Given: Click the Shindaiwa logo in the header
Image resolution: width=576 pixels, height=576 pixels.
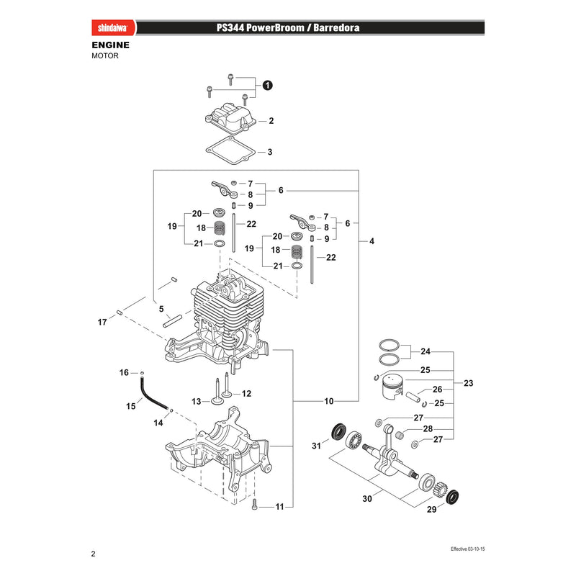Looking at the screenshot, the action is click(x=113, y=27).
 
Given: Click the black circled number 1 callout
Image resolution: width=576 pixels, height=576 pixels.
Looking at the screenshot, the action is click(x=267, y=85).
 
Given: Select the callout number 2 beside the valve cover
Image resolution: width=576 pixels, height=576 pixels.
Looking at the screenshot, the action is click(x=271, y=121).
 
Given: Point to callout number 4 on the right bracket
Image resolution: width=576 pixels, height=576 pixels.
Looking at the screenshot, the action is click(x=372, y=241).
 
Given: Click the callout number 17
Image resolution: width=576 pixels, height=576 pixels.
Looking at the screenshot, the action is click(x=102, y=322).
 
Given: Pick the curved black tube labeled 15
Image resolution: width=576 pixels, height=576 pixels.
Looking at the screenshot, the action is click(x=152, y=392).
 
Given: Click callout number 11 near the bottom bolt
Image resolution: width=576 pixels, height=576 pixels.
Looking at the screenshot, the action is click(x=280, y=507).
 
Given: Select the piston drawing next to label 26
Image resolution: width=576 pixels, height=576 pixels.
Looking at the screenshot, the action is click(x=392, y=391).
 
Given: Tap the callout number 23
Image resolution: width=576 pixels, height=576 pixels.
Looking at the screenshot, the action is click(x=469, y=383).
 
